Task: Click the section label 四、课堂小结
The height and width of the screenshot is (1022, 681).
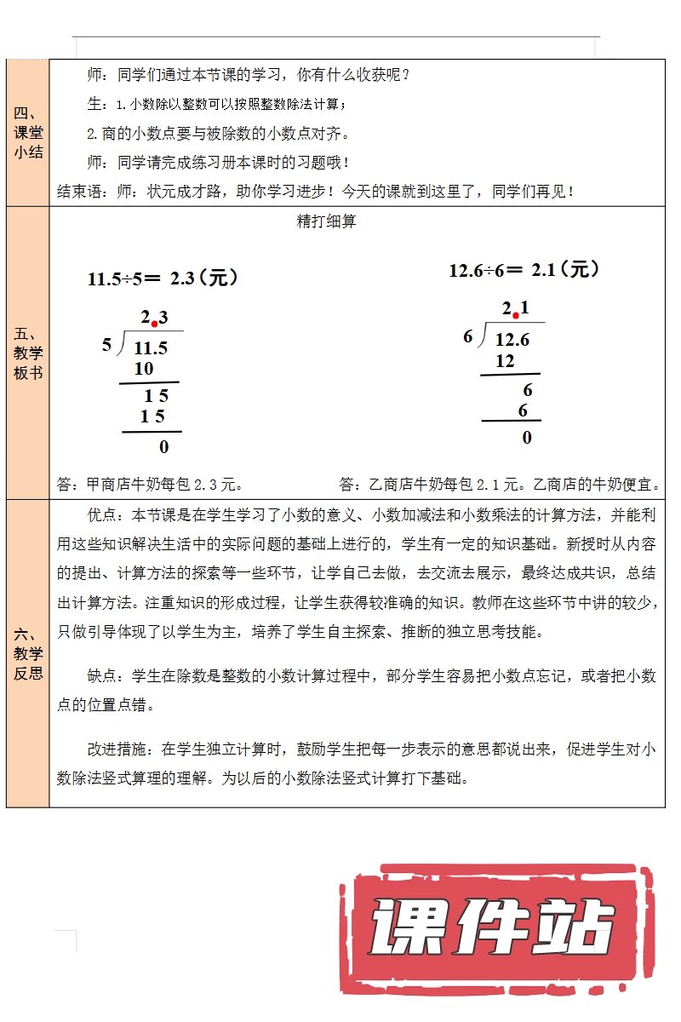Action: coord(28,133)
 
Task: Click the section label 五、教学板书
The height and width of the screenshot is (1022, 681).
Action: coord(28,353)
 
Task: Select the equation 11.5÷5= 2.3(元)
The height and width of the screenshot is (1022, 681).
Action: coord(162,278)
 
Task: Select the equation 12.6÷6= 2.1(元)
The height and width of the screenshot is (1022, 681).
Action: coord(524,270)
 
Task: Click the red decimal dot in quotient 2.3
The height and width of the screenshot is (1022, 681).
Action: coord(154,324)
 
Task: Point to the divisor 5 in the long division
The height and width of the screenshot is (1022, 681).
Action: coord(106,345)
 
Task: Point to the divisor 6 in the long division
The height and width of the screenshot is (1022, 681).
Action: coord(468,336)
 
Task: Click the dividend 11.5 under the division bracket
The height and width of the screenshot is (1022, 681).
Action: coord(151,347)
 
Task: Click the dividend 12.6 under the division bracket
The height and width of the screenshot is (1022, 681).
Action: coord(512,340)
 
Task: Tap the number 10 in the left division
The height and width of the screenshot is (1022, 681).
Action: coord(144,369)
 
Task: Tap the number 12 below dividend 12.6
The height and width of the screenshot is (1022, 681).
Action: coord(505,361)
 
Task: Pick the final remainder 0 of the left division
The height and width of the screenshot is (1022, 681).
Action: coord(164,446)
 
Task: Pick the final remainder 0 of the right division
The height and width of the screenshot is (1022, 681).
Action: coord(527,438)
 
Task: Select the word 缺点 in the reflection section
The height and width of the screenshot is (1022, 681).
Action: coord(106,676)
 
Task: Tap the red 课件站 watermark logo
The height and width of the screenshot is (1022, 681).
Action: coord(494,928)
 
